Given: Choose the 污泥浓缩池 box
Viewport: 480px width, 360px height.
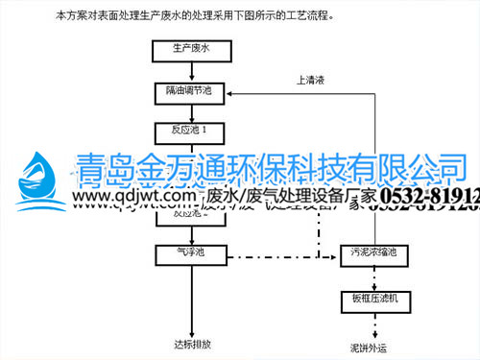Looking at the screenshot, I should coord(373,253).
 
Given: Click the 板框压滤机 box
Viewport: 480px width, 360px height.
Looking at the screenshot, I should coord(373,300).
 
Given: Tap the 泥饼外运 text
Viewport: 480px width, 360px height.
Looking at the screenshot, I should coord(372,347).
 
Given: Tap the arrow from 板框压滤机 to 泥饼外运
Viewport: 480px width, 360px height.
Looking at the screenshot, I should coord(373,324).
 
